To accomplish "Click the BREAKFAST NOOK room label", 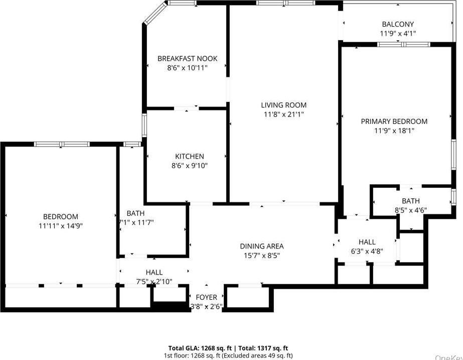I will pyautogui.click(x=187, y=59).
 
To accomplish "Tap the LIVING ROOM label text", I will pyautogui.click(x=283, y=105).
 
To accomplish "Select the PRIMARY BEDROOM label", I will pyautogui.click(x=394, y=122).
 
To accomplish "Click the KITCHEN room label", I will pyautogui.click(x=189, y=157).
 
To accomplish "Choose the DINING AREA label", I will pyautogui.click(x=261, y=246).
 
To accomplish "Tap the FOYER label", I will pyautogui.click(x=206, y=297).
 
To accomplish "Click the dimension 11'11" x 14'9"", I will pyautogui.click(x=60, y=226).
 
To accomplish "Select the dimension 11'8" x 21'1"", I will pyautogui.click(x=283, y=114).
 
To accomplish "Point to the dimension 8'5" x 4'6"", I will pyautogui.click(x=410, y=211).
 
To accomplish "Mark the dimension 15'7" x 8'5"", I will pyautogui.click(x=261, y=255).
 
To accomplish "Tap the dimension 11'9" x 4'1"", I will pyautogui.click(x=398, y=34).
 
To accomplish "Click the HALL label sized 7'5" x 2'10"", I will pyautogui.click(x=154, y=273).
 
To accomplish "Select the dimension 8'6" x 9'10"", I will pyautogui.click(x=189, y=166).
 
